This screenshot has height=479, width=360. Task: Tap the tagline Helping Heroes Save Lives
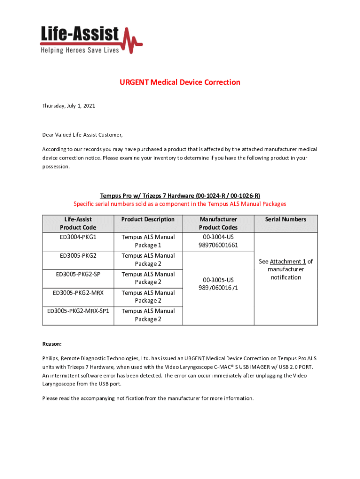79,50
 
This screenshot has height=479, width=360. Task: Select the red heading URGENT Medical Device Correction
180,82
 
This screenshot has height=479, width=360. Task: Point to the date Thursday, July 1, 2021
69,106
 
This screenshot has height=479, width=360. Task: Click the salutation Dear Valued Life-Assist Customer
82,135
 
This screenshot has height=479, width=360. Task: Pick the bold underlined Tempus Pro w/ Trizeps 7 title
180,196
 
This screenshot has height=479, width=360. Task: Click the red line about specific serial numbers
180,204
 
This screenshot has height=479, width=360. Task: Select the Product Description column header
148,219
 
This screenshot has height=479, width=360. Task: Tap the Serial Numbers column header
286,219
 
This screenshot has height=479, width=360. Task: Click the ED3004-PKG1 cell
78,237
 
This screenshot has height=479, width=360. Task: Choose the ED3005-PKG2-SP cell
78,274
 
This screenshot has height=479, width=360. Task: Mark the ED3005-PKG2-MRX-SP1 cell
78,311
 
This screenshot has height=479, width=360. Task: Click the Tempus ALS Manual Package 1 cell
148,241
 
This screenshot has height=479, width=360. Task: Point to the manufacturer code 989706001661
218,245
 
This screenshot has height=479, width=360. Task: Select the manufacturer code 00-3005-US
218,280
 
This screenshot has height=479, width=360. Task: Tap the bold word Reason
52,344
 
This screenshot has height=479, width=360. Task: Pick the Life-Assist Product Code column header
78,223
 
